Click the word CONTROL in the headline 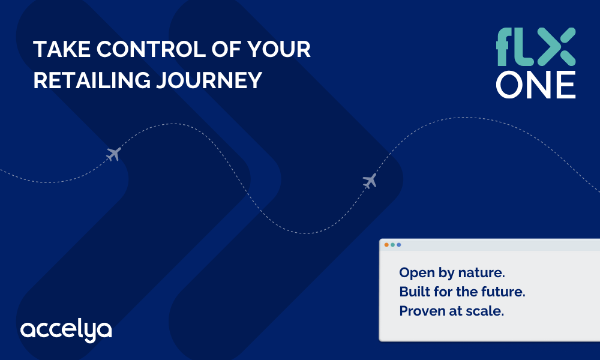[151, 49]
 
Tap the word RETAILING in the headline [92, 80]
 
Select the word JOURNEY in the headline [209, 80]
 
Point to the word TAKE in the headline [62, 49]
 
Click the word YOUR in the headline [278, 49]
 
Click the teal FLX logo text [536, 47]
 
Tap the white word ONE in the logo [536, 85]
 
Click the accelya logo [66, 330]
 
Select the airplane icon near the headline [113, 154]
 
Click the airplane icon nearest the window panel [370, 181]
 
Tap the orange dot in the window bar [386, 245]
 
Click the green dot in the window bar [392, 245]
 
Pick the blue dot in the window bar [399, 245]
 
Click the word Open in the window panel [417, 274]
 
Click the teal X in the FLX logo [556, 47]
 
